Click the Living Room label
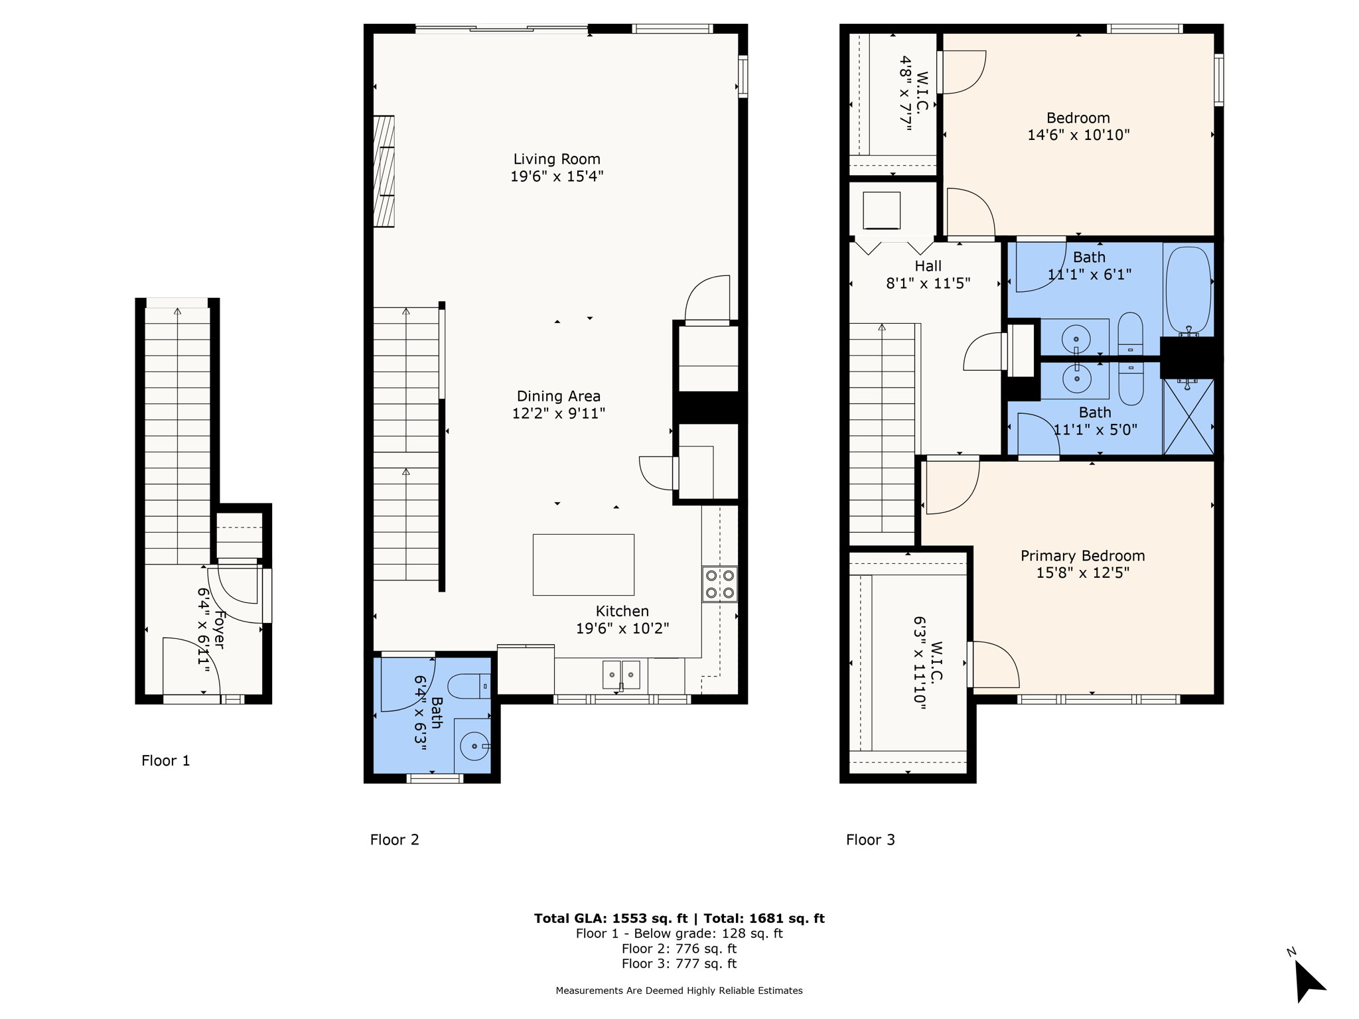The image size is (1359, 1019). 556,159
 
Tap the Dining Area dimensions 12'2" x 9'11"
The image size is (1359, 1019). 558,413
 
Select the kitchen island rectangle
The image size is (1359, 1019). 583,565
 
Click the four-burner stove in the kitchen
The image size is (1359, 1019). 719,584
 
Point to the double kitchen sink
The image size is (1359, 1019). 621,675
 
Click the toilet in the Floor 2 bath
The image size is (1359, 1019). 468,686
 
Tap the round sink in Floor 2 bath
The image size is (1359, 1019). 474,746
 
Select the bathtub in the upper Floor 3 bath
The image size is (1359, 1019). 1188,289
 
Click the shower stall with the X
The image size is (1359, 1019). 1188,417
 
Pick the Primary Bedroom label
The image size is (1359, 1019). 1082,556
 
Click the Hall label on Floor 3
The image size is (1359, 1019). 928,266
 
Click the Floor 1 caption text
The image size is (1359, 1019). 166,760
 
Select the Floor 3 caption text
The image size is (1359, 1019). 870,840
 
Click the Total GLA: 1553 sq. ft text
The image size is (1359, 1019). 610,918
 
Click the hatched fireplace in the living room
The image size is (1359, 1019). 384,171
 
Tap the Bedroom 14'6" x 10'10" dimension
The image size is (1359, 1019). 1078,135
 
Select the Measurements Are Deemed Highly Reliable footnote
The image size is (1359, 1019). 679,990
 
